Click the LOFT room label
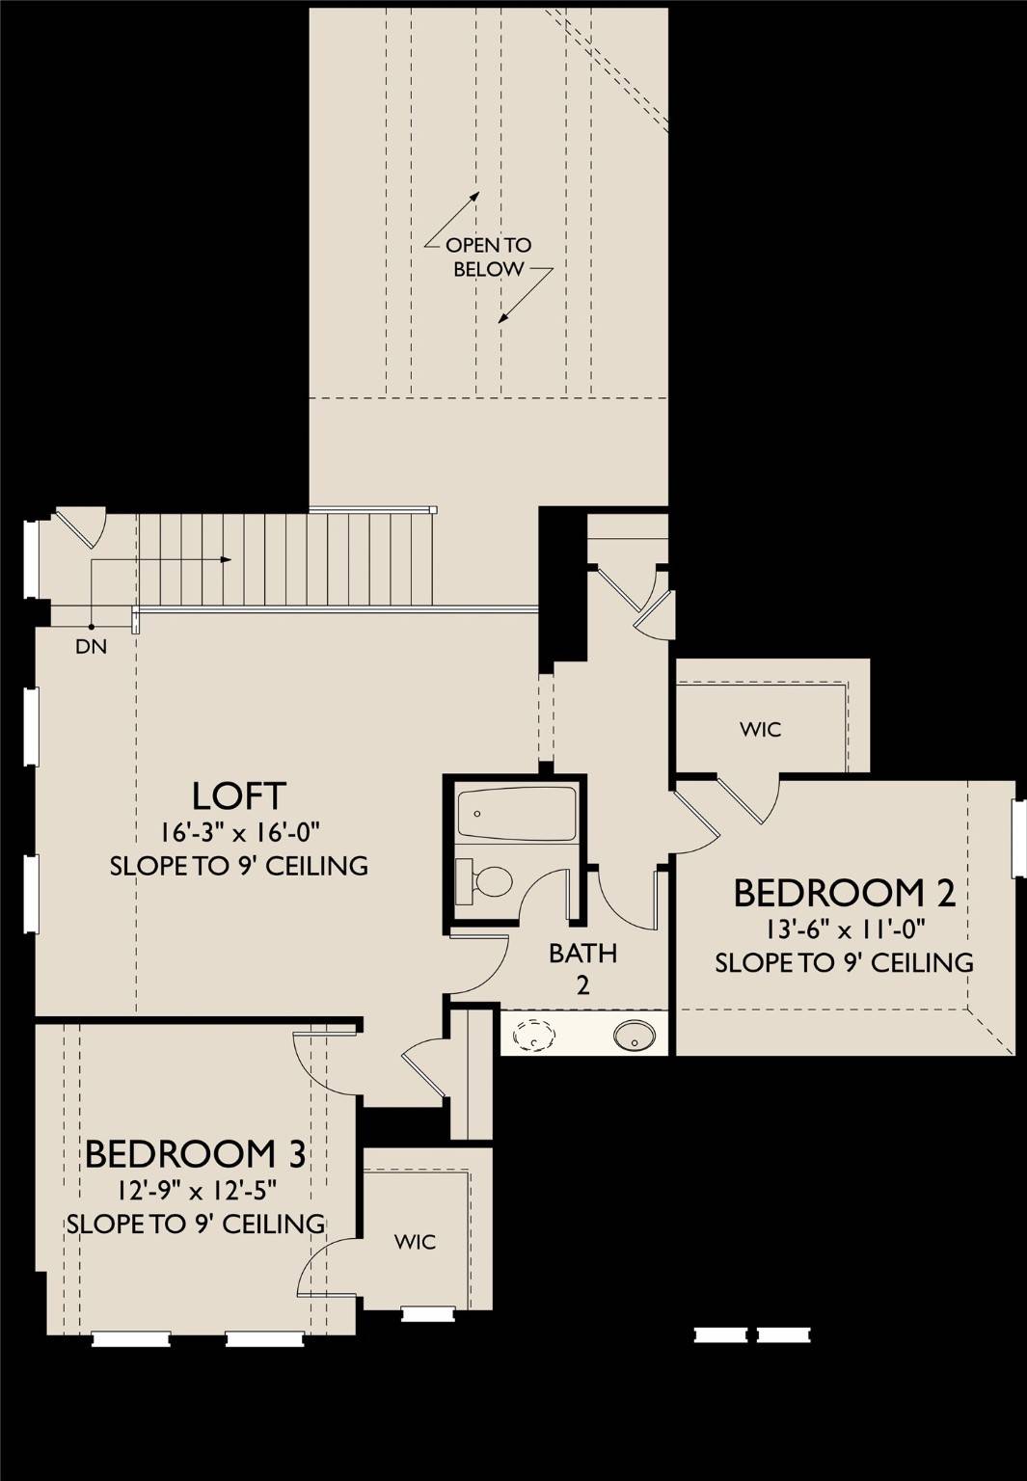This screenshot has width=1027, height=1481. pyautogui.click(x=239, y=796)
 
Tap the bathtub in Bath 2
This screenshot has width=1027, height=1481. pyautogui.click(x=517, y=814)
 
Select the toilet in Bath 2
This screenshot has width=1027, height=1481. pyautogui.click(x=485, y=881)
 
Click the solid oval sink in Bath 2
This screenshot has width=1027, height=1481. pyautogui.click(x=635, y=1035)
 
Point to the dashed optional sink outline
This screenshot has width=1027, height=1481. pyautogui.click(x=536, y=1035)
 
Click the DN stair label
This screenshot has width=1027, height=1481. pyautogui.click(x=92, y=647)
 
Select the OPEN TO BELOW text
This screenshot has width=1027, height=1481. pyautogui.click(x=489, y=257)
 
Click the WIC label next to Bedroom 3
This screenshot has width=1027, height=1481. pyautogui.click(x=416, y=1242)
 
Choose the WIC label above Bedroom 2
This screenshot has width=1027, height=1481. pyautogui.click(x=761, y=729)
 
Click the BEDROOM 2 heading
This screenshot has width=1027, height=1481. pyautogui.click(x=845, y=893)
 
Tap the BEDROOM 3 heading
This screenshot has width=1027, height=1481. pyautogui.click(x=196, y=1154)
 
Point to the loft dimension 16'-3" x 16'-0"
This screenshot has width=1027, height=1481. pyautogui.click(x=239, y=832)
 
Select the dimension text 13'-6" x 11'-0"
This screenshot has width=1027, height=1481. pyautogui.click(x=845, y=929)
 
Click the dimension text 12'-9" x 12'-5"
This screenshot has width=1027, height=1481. pyautogui.click(x=196, y=1191)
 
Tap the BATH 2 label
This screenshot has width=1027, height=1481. pyautogui.click(x=582, y=969)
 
